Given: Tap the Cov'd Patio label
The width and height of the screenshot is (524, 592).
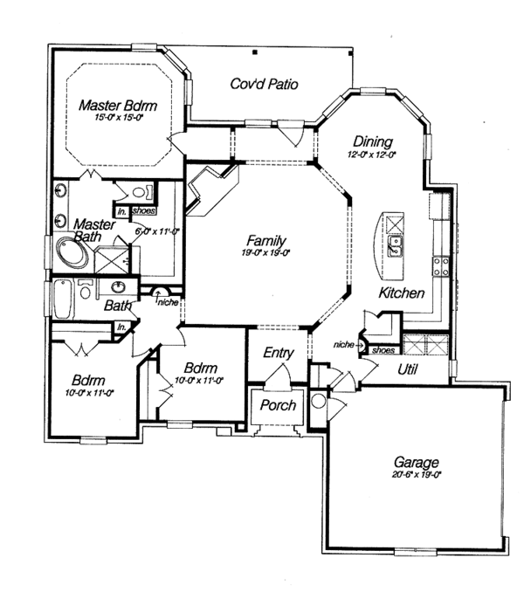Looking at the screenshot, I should pos(264,85).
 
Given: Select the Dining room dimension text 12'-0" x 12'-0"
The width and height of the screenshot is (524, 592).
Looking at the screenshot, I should pos(371,155).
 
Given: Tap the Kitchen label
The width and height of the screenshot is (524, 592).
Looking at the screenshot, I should pos(401,293).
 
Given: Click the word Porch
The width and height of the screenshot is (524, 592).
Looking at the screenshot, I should pos(279,405).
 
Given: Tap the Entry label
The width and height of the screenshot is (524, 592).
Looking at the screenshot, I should pos(279,353).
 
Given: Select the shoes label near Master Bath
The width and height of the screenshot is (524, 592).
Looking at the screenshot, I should pos(144,210).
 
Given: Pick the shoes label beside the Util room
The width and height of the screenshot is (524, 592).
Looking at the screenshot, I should pos(382,349).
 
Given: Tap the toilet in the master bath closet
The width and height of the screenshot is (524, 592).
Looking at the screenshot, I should pos(142,192).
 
